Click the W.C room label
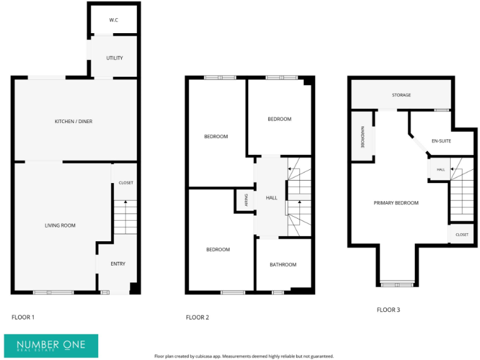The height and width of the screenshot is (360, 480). pyautogui.click(x=114, y=21)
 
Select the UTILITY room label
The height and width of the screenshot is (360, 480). pyautogui.click(x=114, y=58)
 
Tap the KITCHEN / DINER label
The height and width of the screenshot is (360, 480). pyautogui.click(x=73, y=121)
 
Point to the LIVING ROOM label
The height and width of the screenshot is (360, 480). pyautogui.click(x=60, y=225)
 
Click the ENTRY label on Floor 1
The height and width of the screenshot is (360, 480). pyautogui.click(x=118, y=264)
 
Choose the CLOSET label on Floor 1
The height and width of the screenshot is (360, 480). pyautogui.click(x=126, y=182)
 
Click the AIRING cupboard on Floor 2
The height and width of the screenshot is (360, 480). pyautogui.click(x=246, y=201)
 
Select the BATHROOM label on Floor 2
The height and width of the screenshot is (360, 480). pyautogui.click(x=283, y=265)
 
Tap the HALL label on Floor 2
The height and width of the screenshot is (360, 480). pyautogui.click(x=271, y=197)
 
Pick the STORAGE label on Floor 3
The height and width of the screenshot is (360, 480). pyautogui.click(x=401, y=95)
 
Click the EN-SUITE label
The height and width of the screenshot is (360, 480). pyautogui.click(x=441, y=141)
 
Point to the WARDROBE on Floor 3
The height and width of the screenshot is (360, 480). pyautogui.click(x=362, y=137)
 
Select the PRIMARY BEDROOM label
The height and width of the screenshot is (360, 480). pyautogui.click(x=396, y=203)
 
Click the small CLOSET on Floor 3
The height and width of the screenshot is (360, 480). pyautogui.click(x=462, y=234)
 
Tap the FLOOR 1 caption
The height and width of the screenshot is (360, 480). pyautogui.click(x=23, y=317)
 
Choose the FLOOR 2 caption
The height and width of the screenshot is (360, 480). pyautogui.click(x=197, y=317)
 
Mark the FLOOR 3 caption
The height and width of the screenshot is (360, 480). pyautogui.click(x=388, y=309)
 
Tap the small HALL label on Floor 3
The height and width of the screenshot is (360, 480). pyautogui.click(x=441, y=169)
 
